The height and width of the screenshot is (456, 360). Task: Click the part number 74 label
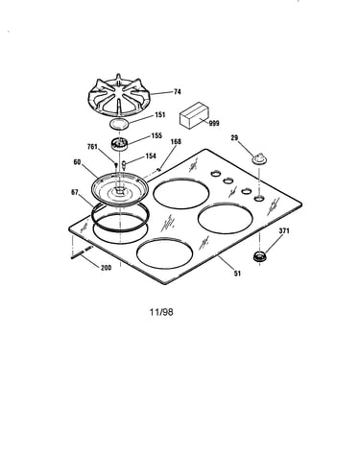(x=178, y=92)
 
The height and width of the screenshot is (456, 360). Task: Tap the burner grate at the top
(x=119, y=95)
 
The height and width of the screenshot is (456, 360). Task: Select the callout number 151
(x=160, y=114)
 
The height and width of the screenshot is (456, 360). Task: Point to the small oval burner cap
(x=119, y=123)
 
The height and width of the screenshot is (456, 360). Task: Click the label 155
(x=156, y=135)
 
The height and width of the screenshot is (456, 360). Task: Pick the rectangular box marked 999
(x=194, y=115)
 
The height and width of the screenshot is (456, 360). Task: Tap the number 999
(x=214, y=123)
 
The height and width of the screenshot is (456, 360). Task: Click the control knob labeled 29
(x=258, y=158)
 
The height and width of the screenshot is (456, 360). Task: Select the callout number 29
(x=234, y=138)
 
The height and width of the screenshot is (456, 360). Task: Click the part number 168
(x=176, y=141)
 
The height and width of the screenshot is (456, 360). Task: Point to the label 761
(x=92, y=147)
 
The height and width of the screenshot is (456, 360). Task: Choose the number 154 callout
(x=151, y=156)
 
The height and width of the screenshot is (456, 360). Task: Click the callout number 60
(x=77, y=162)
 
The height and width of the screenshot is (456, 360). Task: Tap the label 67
(x=75, y=192)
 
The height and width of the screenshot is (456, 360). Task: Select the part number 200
(x=107, y=268)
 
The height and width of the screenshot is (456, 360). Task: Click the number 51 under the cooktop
(x=237, y=274)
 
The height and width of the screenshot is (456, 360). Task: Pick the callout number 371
(x=284, y=230)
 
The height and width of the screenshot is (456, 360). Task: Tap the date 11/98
(x=161, y=312)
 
